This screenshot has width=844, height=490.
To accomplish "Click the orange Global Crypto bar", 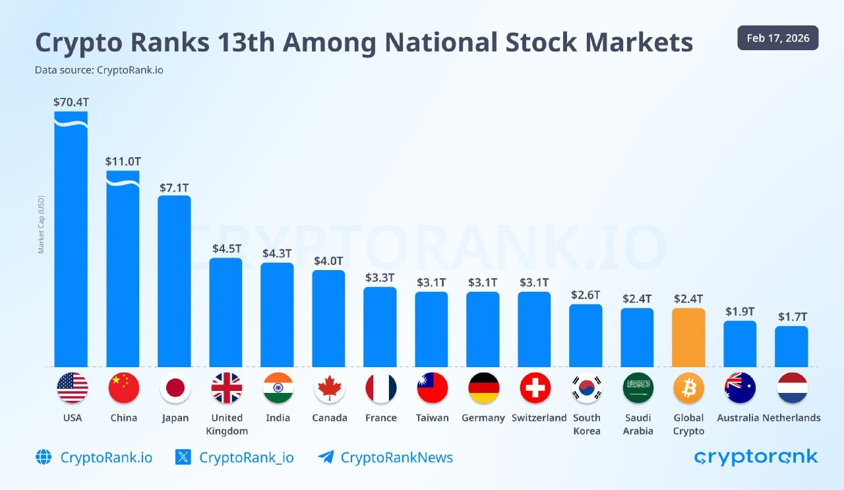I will [688, 337].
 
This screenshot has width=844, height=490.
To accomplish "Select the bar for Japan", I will [174, 281].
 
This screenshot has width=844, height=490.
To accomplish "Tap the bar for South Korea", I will [586, 335].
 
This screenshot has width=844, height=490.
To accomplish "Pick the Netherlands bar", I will [791, 346].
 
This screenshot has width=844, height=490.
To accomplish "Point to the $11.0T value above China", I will [123, 161].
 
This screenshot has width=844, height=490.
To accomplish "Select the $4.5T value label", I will [226, 248].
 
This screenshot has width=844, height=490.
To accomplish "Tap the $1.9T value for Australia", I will [740, 311].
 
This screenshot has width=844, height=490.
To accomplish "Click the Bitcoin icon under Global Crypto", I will [688, 388].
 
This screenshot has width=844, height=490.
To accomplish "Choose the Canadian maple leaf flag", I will [328, 388].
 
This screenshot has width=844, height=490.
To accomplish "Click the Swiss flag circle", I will [534, 388].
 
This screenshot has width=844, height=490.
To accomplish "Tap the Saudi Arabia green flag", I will [637, 388].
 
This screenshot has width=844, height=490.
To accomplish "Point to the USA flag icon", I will [71, 388].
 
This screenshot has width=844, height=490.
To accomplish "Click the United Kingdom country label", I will [226, 424].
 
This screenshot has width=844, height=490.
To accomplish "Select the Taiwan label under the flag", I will [432, 417].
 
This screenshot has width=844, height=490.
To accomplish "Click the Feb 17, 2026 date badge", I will [778, 38].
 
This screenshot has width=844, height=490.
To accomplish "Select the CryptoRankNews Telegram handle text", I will [396, 457].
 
